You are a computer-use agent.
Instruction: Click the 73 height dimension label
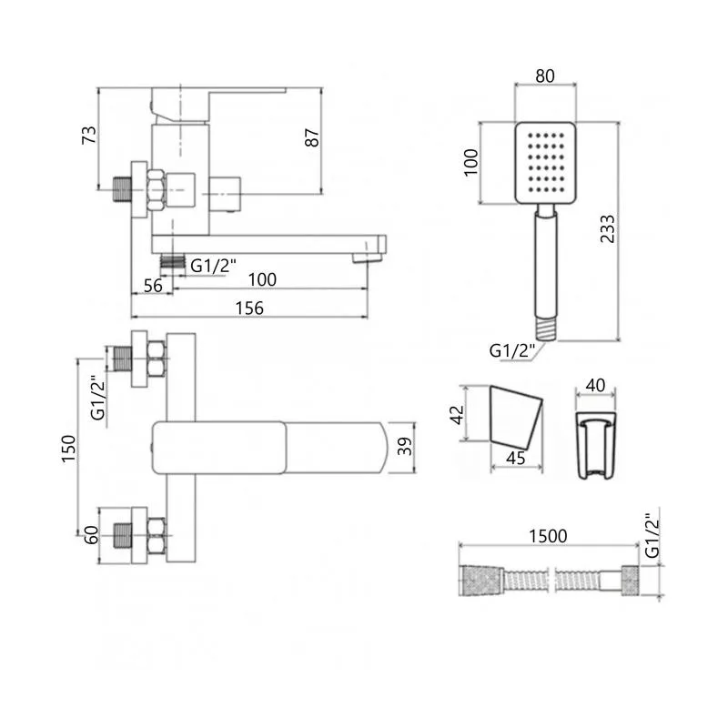tap(89, 135)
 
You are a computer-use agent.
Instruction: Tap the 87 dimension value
tap(312, 138)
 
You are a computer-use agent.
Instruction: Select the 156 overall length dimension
tap(249, 308)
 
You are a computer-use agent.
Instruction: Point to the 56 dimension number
tap(153, 286)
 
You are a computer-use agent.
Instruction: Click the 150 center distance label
tap(68, 449)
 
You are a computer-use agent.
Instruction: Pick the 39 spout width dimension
tap(405, 446)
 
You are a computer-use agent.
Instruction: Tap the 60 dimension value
tap(92, 535)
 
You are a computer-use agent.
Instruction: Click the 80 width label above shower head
tap(544, 76)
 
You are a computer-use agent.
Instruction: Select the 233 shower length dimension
tap(607, 229)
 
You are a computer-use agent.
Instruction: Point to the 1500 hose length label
tap(548, 536)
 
